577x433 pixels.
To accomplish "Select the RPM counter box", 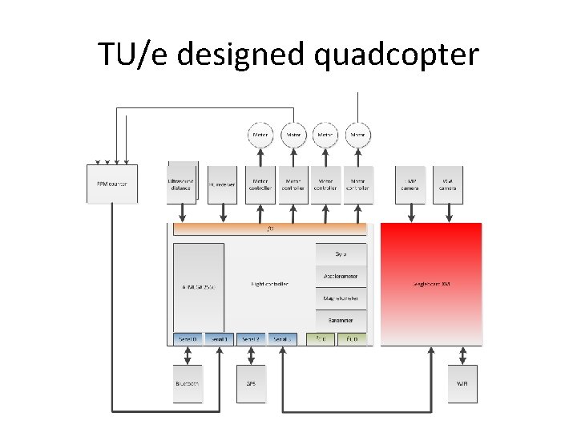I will coord(111,184).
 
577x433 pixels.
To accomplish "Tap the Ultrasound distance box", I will coord(181,183).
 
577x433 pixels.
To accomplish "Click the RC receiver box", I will coord(221,184).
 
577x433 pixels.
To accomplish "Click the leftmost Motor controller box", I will coord(260,184).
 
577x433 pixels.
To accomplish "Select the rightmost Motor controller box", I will coord(357,184).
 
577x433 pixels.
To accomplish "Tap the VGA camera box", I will coord(446,184).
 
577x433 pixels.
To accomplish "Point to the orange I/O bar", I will coord(270,229).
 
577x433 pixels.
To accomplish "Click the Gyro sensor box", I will coord(341,254).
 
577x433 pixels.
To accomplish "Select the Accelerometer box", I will coord(341,276).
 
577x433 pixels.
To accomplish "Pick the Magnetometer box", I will coord(341,298).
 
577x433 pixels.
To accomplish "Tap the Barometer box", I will coord(341,320).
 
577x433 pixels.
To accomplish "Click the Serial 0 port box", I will coord(188,339).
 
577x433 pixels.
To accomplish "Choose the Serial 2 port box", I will coord(251,339).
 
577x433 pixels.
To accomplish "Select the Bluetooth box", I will coord(188,383).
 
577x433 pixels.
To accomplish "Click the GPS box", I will coord(251,383).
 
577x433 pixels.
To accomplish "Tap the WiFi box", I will coord(462,383).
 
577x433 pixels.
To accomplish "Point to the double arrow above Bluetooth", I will coord(188,355).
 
